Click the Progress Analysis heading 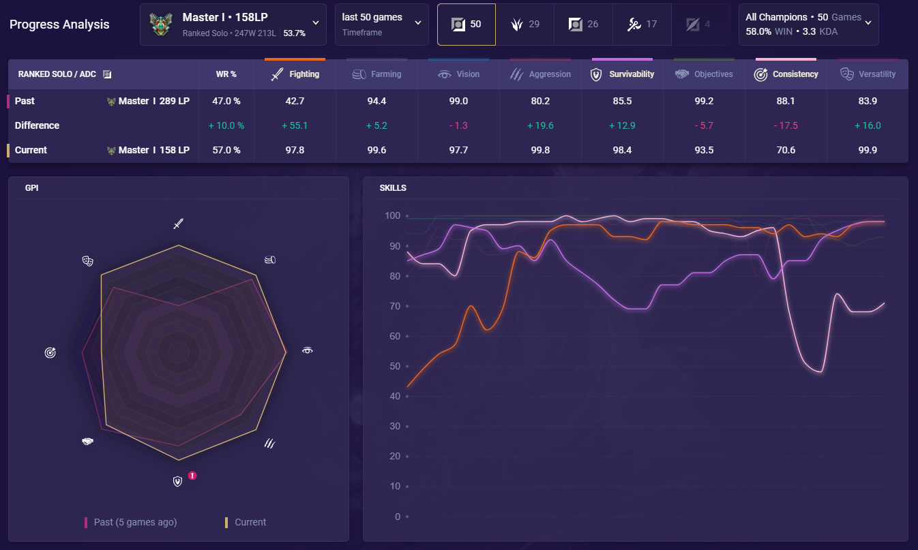(x=59, y=25)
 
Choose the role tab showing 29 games (x=524, y=25)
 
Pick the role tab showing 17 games (x=642, y=25)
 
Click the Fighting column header (x=295, y=74)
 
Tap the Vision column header (x=459, y=74)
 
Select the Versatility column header (x=868, y=74)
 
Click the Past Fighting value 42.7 (x=295, y=101)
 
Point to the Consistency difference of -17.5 (x=786, y=125)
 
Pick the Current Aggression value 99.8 (x=540, y=150)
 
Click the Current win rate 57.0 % (x=226, y=150)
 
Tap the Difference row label (x=37, y=125)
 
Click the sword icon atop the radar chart (x=178, y=224)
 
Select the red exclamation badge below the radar (x=193, y=476)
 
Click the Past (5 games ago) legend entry (x=130, y=522)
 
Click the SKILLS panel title (x=393, y=187)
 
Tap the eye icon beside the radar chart (x=307, y=350)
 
